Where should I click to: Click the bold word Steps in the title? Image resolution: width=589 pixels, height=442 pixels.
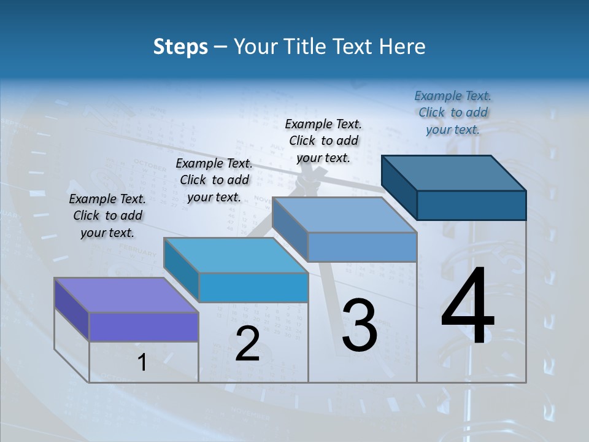[x=180, y=47]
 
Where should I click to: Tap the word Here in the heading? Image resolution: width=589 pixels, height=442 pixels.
[x=402, y=47]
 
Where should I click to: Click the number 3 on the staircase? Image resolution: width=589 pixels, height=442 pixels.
[x=360, y=325]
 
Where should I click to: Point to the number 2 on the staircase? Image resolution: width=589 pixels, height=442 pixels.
[x=247, y=343]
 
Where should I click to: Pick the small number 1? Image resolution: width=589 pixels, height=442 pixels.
[x=142, y=363]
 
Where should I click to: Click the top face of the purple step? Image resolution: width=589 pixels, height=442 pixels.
[x=126, y=295]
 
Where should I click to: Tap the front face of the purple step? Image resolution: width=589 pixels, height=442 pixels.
[x=144, y=327]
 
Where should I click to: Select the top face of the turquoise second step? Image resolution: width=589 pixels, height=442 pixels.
[x=236, y=255]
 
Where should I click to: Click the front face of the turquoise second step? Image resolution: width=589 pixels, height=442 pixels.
[x=253, y=287]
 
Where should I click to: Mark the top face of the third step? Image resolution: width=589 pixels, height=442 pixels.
[x=344, y=215]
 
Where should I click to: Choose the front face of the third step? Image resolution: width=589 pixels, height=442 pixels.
[x=362, y=247]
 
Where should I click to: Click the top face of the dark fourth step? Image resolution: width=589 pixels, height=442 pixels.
[x=454, y=173]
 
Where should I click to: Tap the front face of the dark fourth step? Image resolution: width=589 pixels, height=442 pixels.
[x=471, y=205]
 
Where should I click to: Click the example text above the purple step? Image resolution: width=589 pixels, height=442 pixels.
[x=107, y=215]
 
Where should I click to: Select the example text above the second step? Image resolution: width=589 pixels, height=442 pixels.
[x=214, y=180]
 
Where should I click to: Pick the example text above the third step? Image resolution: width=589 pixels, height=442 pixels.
[x=323, y=141]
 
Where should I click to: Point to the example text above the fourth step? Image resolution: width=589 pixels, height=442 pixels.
[x=453, y=112]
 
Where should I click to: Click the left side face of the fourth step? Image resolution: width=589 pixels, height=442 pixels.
[x=399, y=187]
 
